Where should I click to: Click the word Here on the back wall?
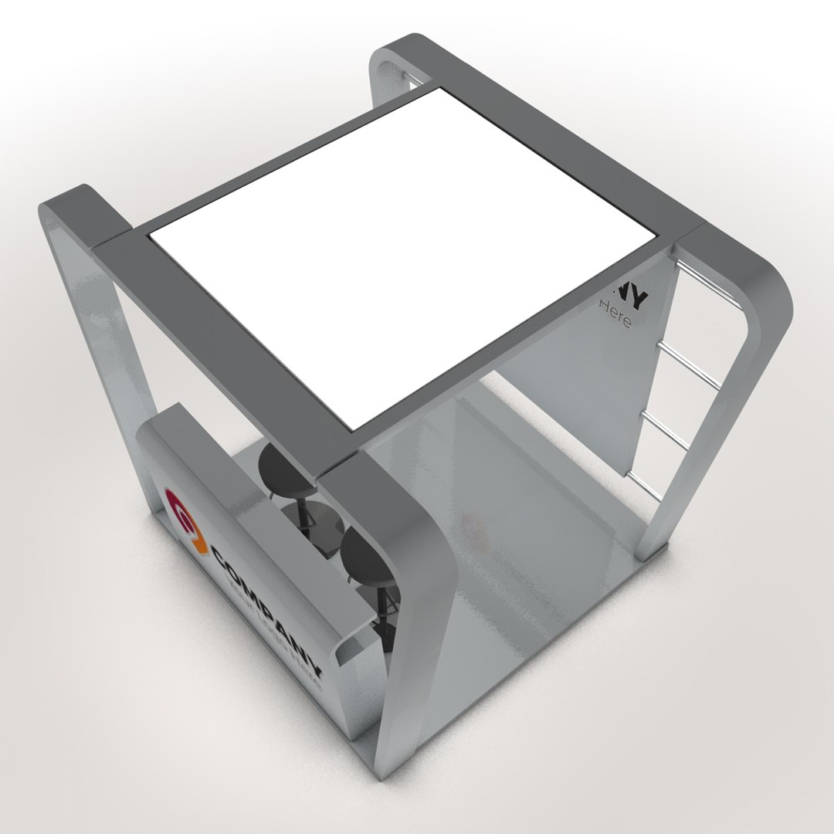coord(615,315)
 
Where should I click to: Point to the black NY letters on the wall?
coord(633,294)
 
